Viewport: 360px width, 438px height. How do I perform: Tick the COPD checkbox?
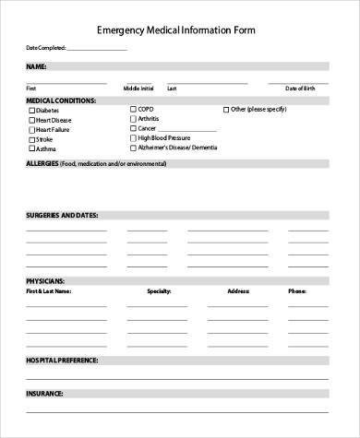point(133,109)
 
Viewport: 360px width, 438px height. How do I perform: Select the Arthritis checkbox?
point(133,118)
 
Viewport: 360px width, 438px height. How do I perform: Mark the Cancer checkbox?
point(133,128)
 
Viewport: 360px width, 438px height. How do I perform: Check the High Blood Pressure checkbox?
point(133,137)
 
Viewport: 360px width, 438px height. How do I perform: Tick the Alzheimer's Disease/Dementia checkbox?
point(133,148)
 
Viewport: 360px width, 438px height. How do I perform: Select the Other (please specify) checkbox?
point(226,109)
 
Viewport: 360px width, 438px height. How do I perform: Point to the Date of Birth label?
point(300,89)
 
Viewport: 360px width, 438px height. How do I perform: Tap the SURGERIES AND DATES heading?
point(61,215)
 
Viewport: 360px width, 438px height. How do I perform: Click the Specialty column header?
point(160,290)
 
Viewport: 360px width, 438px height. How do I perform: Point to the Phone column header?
point(296,290)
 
